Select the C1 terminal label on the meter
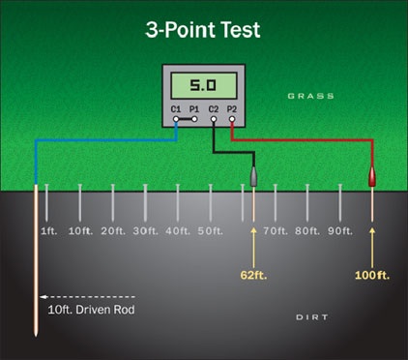[x=176, y=110]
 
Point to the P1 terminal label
[x=194, y=110]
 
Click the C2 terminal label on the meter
[x=213, y=110]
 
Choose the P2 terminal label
[x=231, y=110]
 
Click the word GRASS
[x=310, y=96]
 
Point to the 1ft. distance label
[x=50, y=232]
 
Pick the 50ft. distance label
[x=211, y=232]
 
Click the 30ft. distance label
[x=145, y=232]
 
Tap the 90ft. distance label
[x=339, y=232]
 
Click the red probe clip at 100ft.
[x=372, y=177]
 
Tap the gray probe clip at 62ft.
[x=253, y=177]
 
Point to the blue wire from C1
[x=106, y=140]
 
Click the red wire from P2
[x=309, y=140]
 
